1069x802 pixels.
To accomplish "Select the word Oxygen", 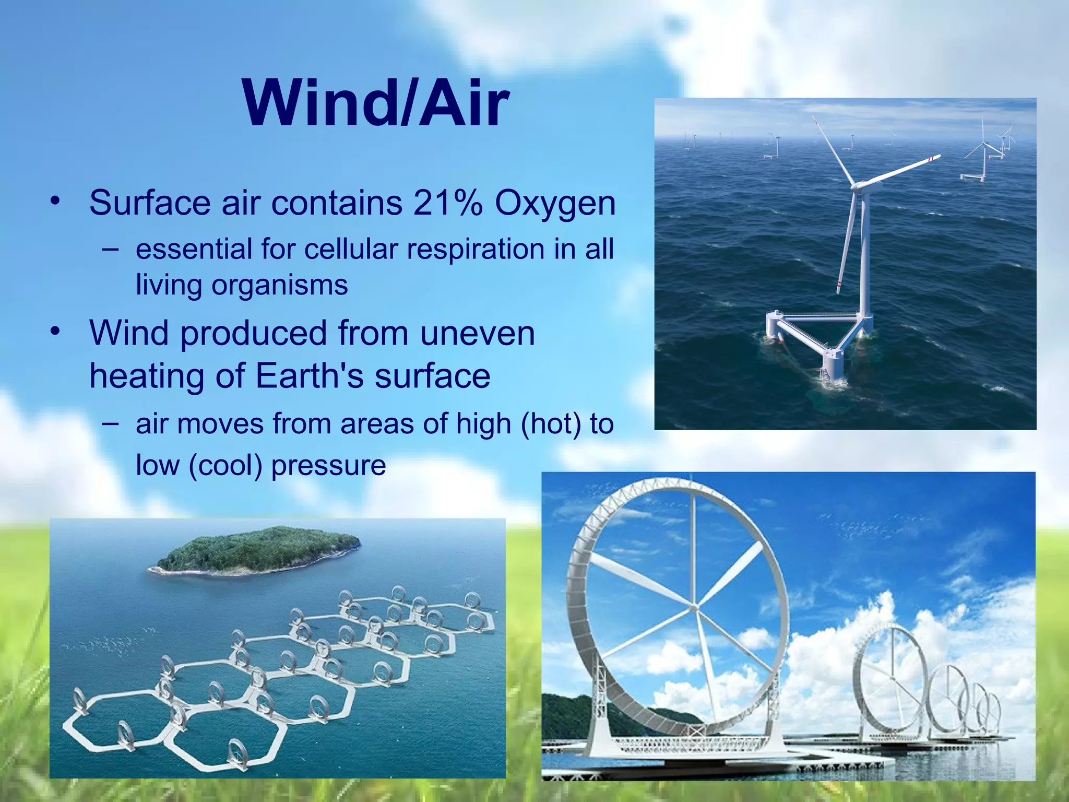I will click(555, 204).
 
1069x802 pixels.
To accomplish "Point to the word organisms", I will click(279, 286).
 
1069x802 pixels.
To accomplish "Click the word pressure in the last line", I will click(328, 466).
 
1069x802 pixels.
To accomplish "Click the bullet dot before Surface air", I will click(55, 200).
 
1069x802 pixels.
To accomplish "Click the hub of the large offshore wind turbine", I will click(858, 185).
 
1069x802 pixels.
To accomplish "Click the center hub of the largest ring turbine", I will click(694, 608).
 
